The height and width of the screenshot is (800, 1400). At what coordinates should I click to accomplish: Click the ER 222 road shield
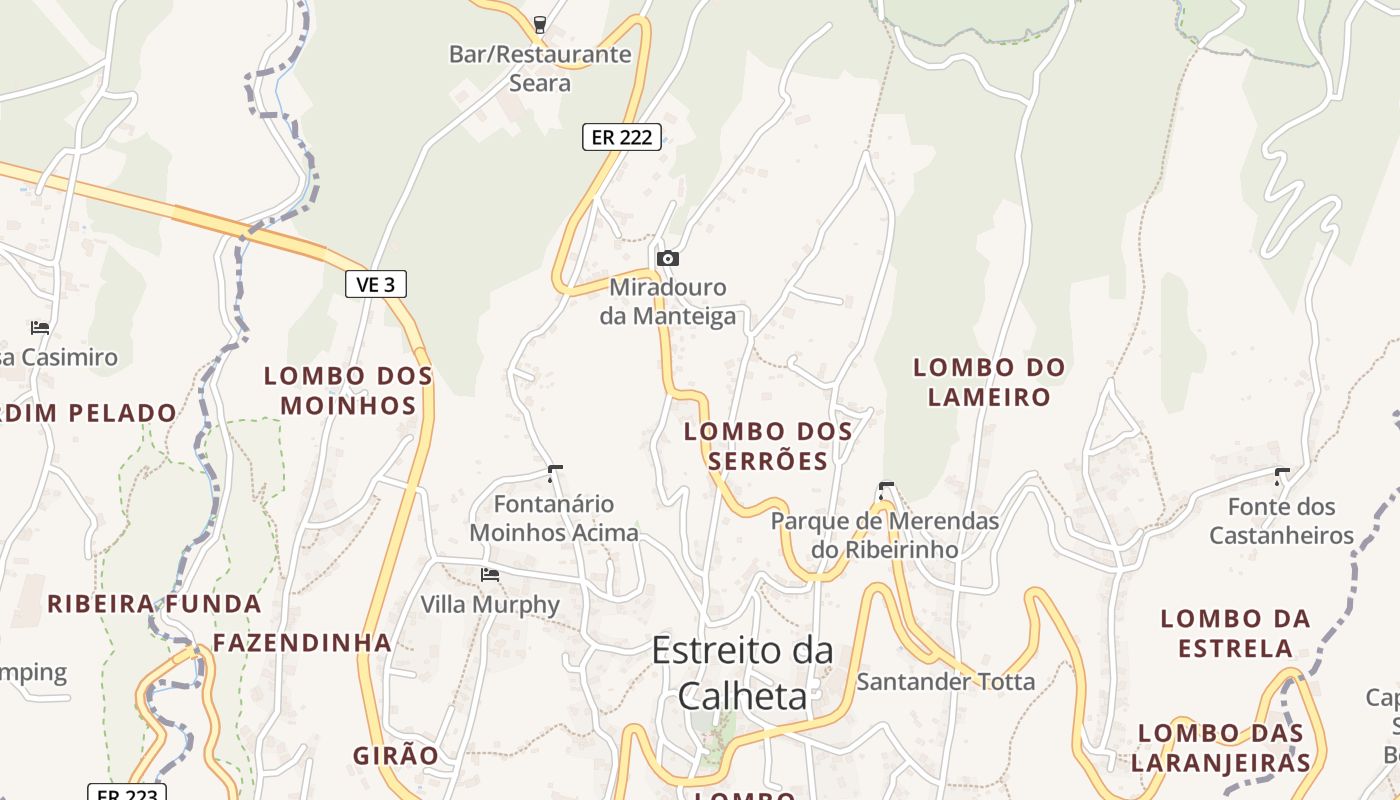tap(621, 137)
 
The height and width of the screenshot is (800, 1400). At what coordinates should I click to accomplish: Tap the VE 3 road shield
tap(376, 284)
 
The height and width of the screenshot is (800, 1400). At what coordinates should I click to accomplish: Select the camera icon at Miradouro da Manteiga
tap(668, 258)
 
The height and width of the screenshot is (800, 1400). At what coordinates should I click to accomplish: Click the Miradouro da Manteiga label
tap(668, 302)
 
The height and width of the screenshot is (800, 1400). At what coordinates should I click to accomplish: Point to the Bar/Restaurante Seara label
tap(540, 68)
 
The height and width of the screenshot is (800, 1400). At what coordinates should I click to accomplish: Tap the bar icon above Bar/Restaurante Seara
tap(540, 24)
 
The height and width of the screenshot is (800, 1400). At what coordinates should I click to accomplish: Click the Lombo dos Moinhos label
tap(348, 390)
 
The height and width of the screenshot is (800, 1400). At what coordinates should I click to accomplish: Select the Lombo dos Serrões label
tap(768, 446)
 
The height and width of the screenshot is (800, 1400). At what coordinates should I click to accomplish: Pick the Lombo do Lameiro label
tap(989, 382)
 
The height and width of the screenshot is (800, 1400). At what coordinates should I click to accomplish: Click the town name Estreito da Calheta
tap(742, 672)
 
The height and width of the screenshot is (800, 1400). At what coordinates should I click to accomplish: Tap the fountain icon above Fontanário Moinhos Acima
tap(555, 473)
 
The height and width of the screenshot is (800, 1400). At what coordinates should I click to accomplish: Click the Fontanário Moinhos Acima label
tap(554, 518)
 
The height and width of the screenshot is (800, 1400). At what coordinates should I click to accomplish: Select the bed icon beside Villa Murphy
tap(490, 574)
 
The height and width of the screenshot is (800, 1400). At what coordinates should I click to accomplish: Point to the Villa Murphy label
tap(490, 605)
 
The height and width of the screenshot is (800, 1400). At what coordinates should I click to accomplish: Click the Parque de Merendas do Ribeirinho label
tap(885, 535)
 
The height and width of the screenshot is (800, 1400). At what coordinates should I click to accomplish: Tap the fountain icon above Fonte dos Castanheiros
tap(1281, 476)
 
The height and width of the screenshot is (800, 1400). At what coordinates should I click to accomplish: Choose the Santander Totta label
tap(946, 682)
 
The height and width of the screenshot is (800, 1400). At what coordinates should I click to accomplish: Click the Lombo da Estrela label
tap(1235, 633)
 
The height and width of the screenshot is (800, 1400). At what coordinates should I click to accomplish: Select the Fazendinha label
tap(302, 643)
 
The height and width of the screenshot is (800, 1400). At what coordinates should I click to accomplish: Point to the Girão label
tap(396, 756)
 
